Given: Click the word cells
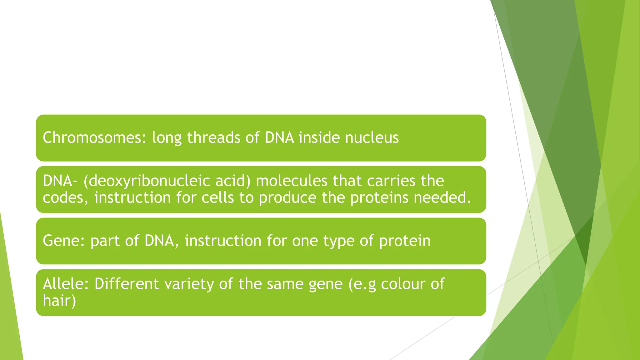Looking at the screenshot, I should [x=217, y=198].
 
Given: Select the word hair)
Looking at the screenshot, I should [x=59, y=301].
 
